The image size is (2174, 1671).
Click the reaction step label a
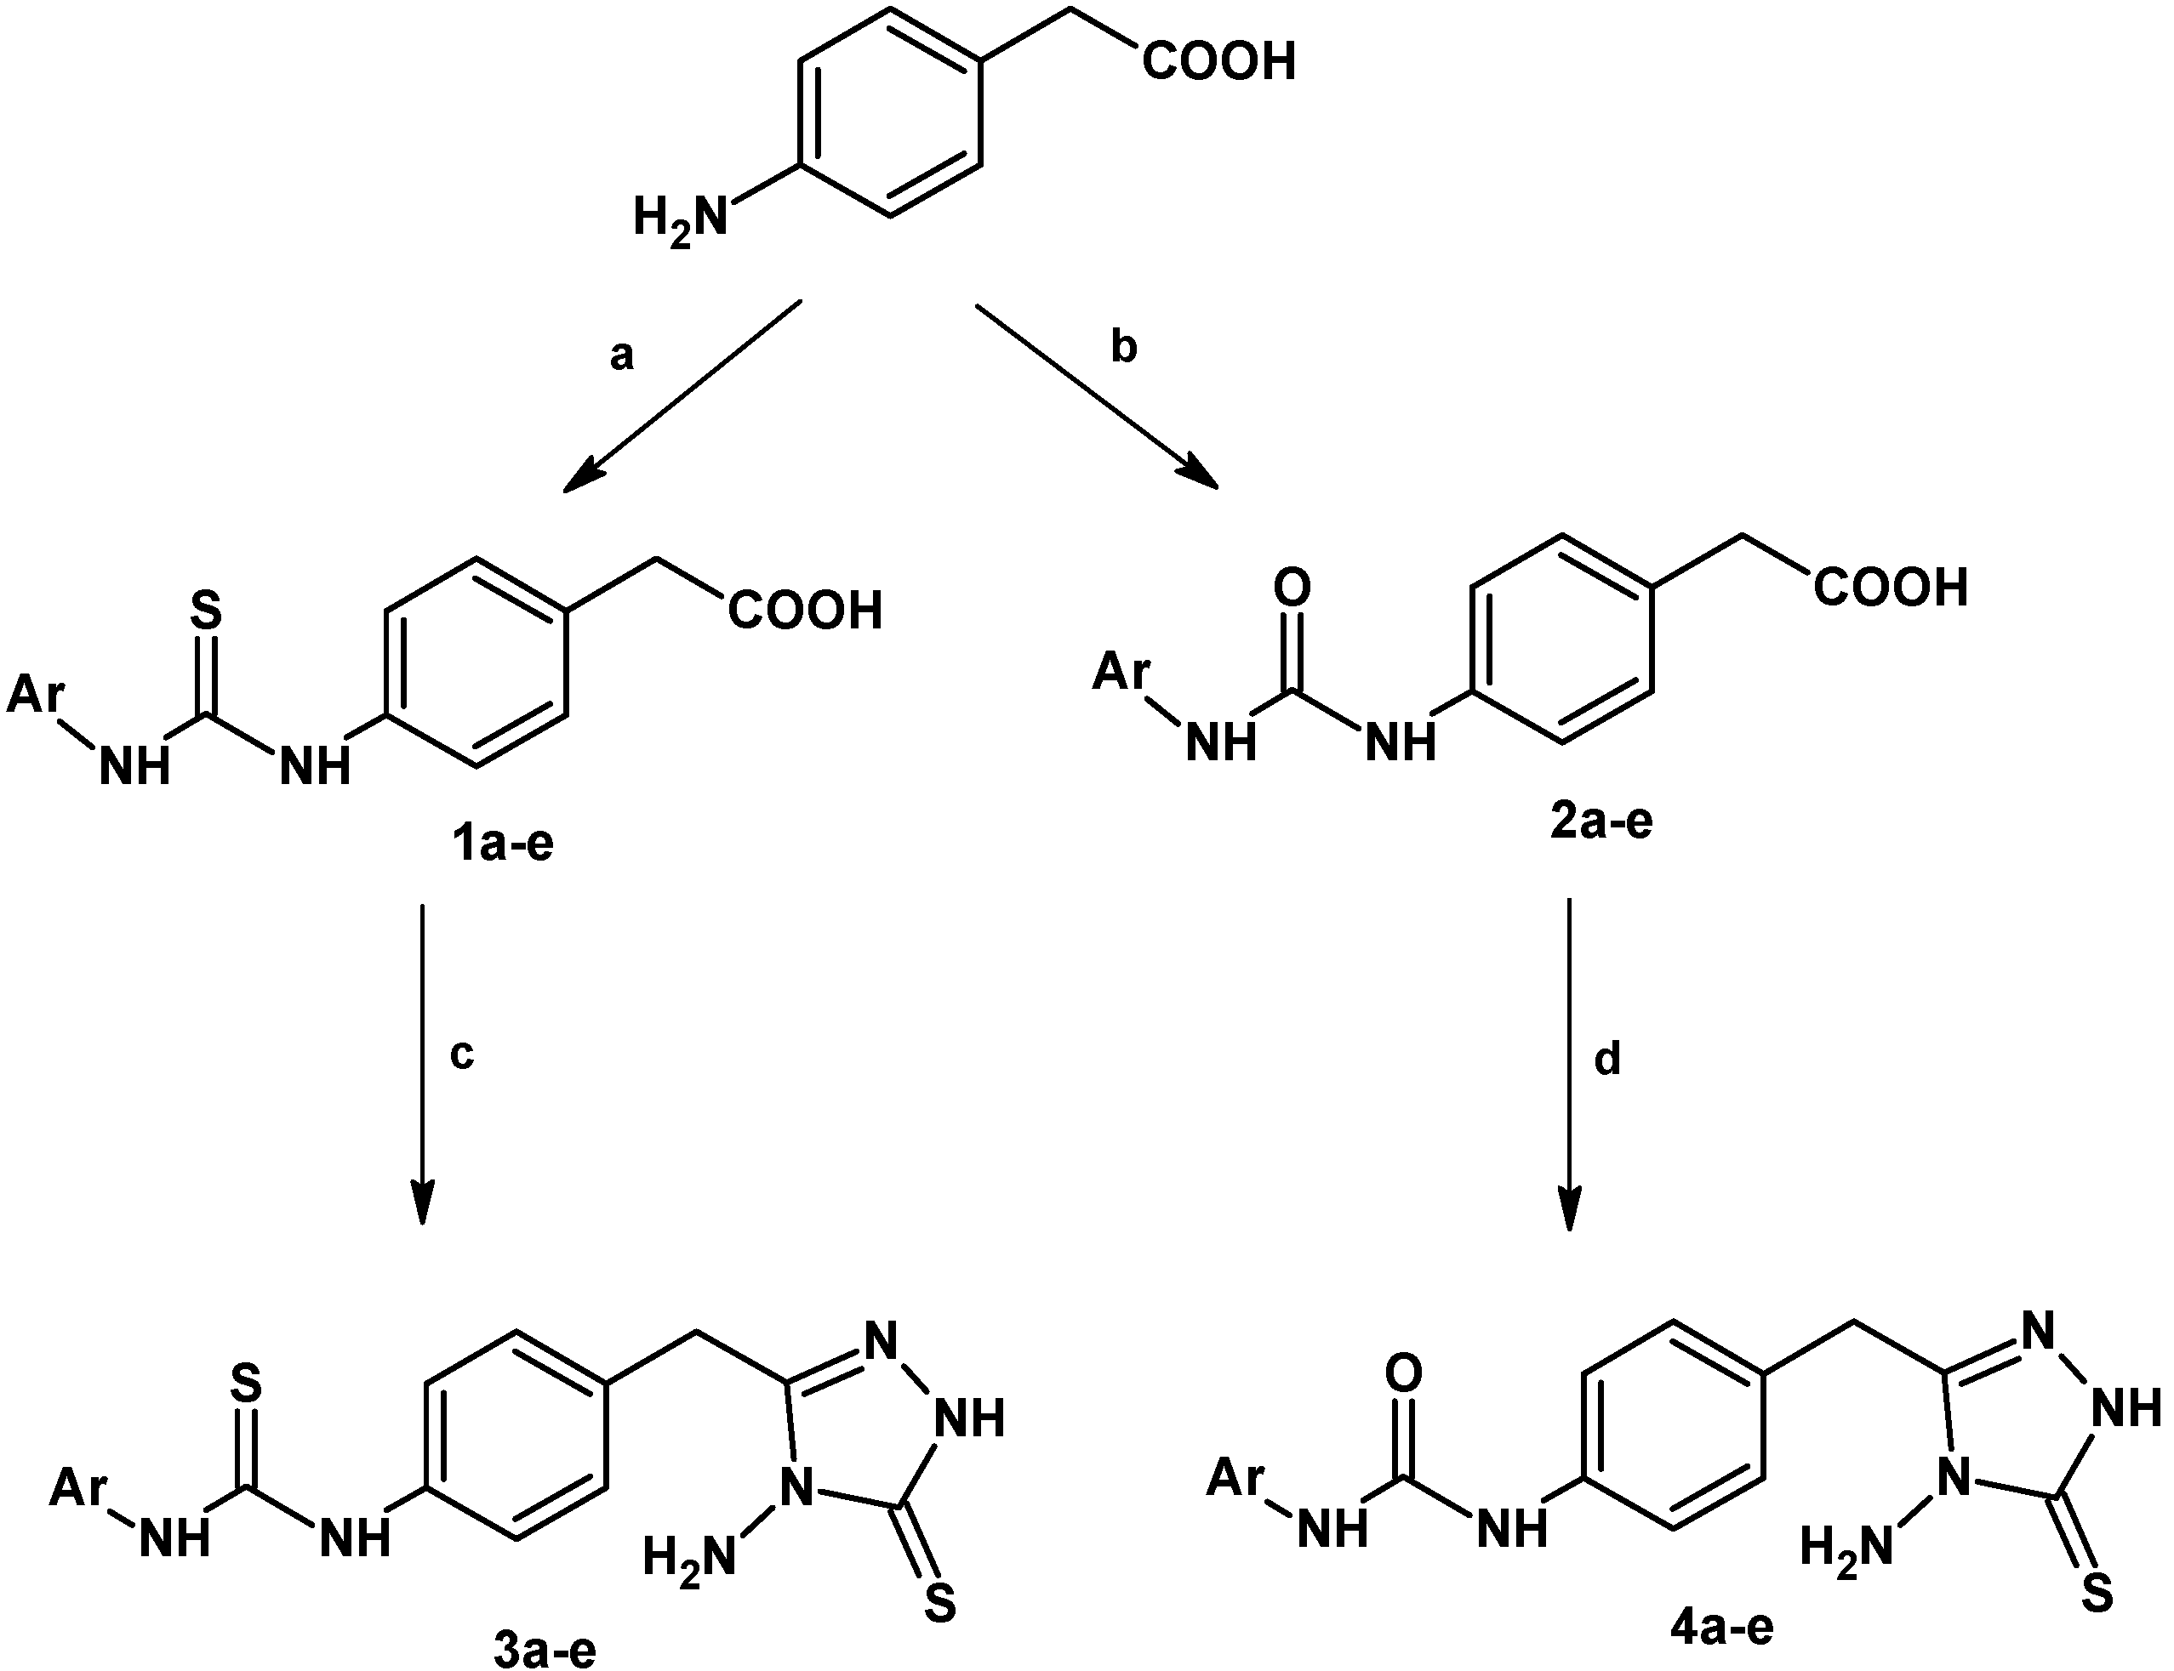point(622,356)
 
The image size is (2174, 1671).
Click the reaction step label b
point(1123,347)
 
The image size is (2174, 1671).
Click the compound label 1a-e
point(503,844)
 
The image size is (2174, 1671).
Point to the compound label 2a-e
point(1601,822)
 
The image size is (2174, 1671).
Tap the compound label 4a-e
point(1721,1628)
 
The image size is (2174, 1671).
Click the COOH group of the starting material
point(1218,62)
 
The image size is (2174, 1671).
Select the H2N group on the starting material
point(682,217)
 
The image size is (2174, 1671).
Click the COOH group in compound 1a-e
point(805,610)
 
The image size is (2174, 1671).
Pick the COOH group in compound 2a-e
point(1891,587)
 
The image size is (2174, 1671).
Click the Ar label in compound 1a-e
point(36,693)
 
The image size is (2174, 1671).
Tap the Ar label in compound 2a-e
point(1121,672)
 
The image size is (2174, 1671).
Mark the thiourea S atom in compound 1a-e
point(206,610)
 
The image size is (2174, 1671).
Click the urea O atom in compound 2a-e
point(1292,588)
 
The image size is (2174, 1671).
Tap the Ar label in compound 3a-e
point(78,1487)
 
